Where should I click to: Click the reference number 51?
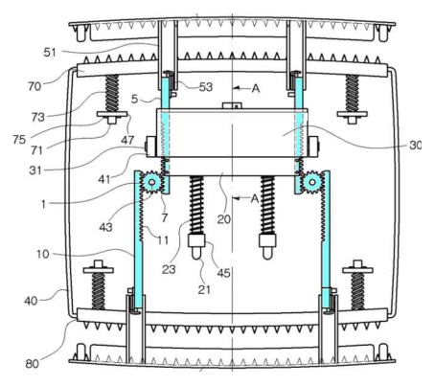pyautogui.click(x=50, y=52)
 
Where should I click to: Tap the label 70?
pyautogui.click(x=34, y=86)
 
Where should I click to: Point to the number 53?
pyautogui.click(x=206, y=87)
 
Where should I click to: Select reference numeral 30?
pyautogui.click(x=415, y=146)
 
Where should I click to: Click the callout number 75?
pyautogui.click(x=19, y=140)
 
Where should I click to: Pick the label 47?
pyautogui.click(x=127, y=140)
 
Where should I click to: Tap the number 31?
pyautogui.click(x=35, y=170)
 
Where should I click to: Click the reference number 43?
pyautogui.click(x=105, y=227)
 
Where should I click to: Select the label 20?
pyautogui.click(x=224, y=219)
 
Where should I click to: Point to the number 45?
pyautogui.click(x=223, y=273)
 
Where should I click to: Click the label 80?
pyautogui.click(x=32, y=364)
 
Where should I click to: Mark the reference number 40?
pyautogui.click(x=31, y=301)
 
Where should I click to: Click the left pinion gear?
pyautogui.click(x=151, y=183)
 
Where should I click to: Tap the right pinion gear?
pyautogui.click(x=312, y=183)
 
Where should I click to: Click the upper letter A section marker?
pyautogui.click(x=256, y=88)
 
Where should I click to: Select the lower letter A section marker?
pyautogui.click(x=255, y=198)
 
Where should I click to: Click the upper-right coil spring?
pyautogui.click(x=352, y=93)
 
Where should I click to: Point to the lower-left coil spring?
pyautogui.click(x=98, y=291)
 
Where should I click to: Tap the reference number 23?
pyautogui.click(x=169, y=270)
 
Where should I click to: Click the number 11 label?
pyautogui.click(x=163, y=239)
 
